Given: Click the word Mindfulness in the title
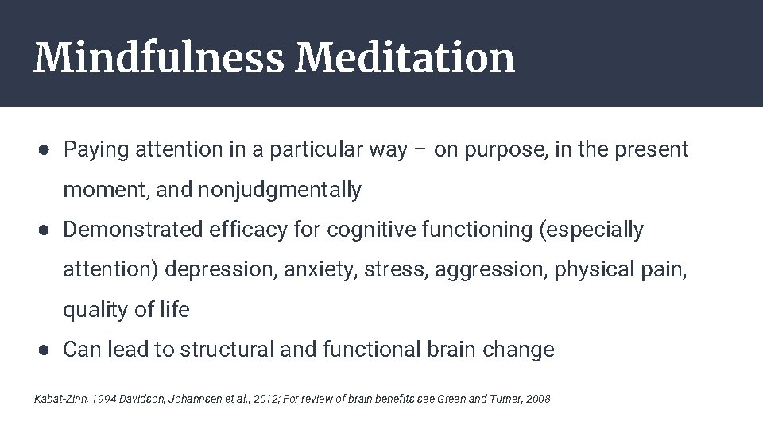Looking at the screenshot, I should [x=158, y=58].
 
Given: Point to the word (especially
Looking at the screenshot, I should [x=591, y=230].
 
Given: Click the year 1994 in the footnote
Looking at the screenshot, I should [x=102, y=398].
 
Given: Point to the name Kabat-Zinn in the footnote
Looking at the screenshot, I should [x=60, y=398].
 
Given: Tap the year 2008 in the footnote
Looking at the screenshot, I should [x=537, y=398].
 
